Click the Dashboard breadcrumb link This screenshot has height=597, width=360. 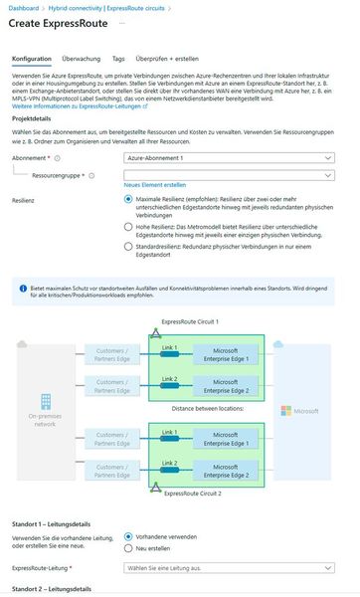click(x=26, y=8)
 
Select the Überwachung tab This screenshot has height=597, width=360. click(x=80, y=59)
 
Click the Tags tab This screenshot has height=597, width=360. click(x=118, y=59)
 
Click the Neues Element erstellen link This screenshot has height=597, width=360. click(x=154, y=186)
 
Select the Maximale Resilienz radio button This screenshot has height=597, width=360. click(x=128, y=199)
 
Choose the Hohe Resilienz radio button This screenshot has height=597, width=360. click(x=128, y=227)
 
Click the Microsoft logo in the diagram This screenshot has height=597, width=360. click(x=285, y=410)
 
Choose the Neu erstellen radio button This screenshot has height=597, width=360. click(x=128, y=548)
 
